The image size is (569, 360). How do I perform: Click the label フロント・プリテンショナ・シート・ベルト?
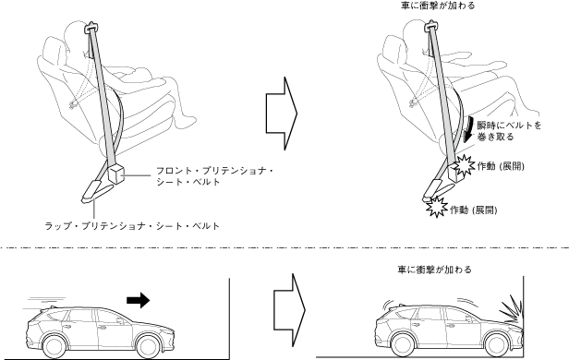[214, 176]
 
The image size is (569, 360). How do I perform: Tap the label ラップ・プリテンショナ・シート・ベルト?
[132, 226]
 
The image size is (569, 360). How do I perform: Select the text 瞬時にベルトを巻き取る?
[509, 131]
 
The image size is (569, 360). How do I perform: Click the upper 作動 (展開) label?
[501, 166]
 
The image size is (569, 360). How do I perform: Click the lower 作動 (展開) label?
[474, 210]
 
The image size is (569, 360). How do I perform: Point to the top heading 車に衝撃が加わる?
[438, 6]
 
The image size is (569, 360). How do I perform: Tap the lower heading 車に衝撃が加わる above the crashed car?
[434, 270]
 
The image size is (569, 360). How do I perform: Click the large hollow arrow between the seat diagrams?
[282, 114]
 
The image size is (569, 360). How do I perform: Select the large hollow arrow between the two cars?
[290, 310]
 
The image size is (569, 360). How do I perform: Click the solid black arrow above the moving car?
[139, 300]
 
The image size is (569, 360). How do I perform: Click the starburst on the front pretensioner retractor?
[465, 165]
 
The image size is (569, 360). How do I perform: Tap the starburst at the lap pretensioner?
[437, 207]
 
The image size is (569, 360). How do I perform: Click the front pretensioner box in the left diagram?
[116, 174]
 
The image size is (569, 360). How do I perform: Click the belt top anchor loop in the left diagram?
[91, 28]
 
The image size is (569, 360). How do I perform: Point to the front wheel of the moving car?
[149, 346]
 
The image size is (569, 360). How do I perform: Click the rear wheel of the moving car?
[54, 346]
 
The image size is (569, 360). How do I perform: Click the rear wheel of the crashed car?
[403, 345]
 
